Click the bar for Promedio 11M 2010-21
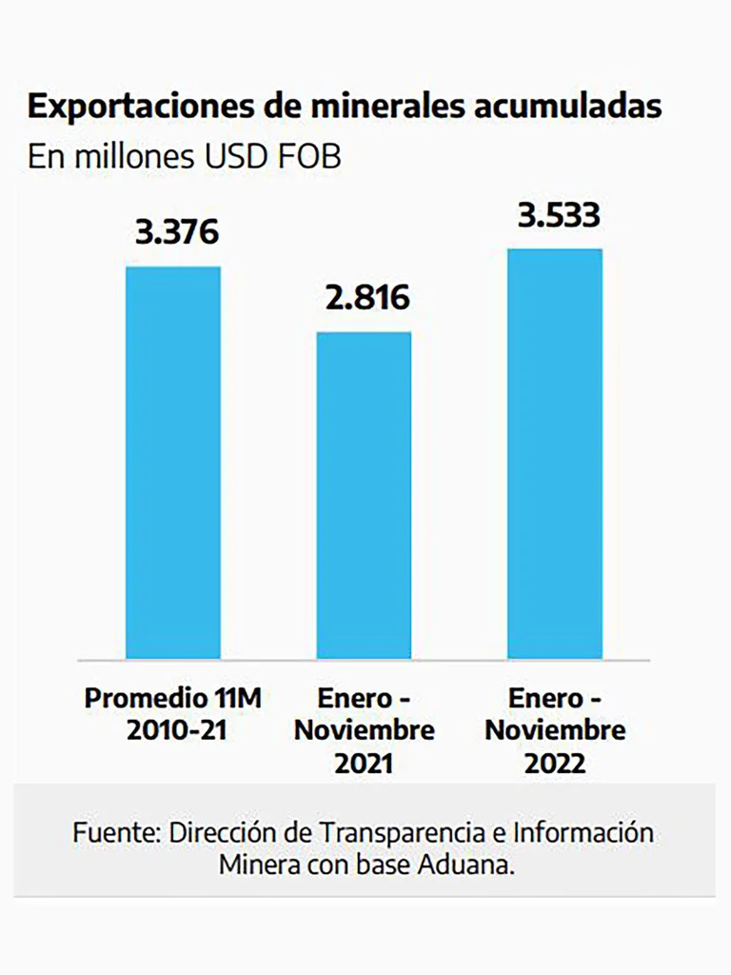coord(173,463)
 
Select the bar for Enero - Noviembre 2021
coord(364,495)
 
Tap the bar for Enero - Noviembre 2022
coord(555,453)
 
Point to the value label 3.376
coord(173,232)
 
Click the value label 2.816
coord(364,298)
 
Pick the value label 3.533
coord(559,215)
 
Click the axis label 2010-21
coord(173,731)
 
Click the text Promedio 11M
coord(173,699)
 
